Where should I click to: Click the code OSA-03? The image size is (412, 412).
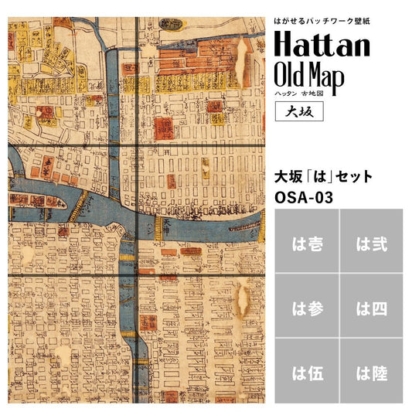tap(304, 197)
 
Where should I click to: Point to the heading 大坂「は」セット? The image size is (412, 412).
tap(324, 177)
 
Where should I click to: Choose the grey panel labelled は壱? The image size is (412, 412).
tap(307, 243)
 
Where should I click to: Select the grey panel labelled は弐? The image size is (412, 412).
tap(372, 243)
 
